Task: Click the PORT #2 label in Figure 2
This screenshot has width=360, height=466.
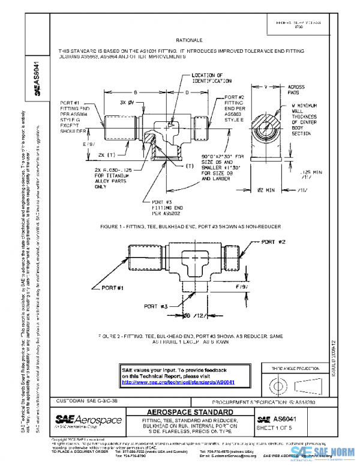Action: pyautogui.click(x=278, y=241)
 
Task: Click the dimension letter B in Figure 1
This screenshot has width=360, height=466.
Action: pyautogui.click(x=136, y=92)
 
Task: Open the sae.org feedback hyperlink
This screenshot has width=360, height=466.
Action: pyautogui.click(x=178, y=382)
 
